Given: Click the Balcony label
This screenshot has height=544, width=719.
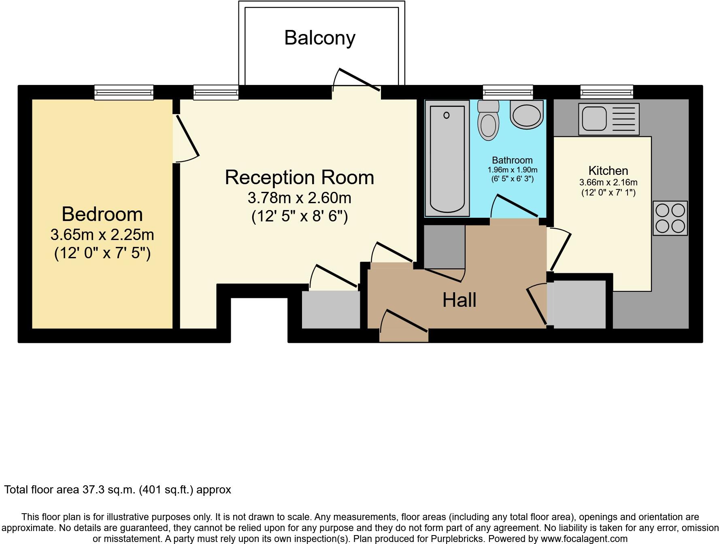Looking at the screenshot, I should click(319, 38).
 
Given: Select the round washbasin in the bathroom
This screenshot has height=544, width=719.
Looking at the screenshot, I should click(526, 115).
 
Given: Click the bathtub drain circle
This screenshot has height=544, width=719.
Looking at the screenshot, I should click(447, 115).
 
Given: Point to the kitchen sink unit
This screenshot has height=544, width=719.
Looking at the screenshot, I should click(608, 119).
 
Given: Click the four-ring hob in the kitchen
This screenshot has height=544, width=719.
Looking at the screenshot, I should click(670, 218).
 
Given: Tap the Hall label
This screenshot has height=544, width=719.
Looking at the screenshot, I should click(459, 300).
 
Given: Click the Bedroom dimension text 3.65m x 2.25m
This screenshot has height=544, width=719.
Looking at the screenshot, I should click(102, 235).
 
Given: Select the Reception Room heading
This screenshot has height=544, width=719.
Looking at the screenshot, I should click(299, 177).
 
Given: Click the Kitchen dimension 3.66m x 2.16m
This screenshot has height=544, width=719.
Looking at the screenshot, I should click(608, 183).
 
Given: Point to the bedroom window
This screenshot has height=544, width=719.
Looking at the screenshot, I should click(124, 92).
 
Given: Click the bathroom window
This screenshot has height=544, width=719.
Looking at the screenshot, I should click(508, 92).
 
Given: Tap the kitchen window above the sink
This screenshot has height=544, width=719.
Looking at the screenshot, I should click(606, 92).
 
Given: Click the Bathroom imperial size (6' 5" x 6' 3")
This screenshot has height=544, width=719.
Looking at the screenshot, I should click(512, 178).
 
